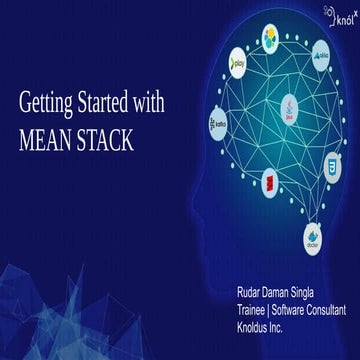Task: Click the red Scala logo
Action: coord(269,182)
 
